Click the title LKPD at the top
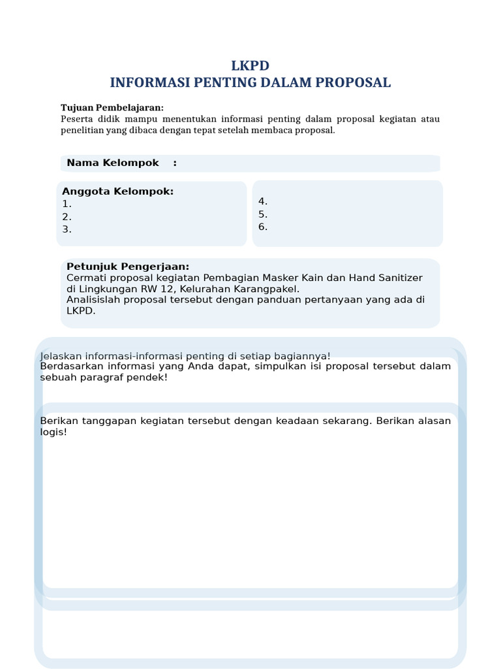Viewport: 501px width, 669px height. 250,65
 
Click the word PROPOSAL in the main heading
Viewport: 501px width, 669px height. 353,83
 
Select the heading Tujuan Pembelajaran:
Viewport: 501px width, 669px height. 112,108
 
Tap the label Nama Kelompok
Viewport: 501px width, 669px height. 112,163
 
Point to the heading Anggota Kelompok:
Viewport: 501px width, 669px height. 118,191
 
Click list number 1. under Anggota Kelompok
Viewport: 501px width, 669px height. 67,204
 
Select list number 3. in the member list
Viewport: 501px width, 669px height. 67,229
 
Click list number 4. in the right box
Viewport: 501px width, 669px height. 263,202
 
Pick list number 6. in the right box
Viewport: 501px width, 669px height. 263,227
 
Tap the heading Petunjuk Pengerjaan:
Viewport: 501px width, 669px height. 128,267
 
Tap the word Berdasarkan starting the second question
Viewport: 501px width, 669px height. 70,367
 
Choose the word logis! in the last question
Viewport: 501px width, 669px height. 53,432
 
